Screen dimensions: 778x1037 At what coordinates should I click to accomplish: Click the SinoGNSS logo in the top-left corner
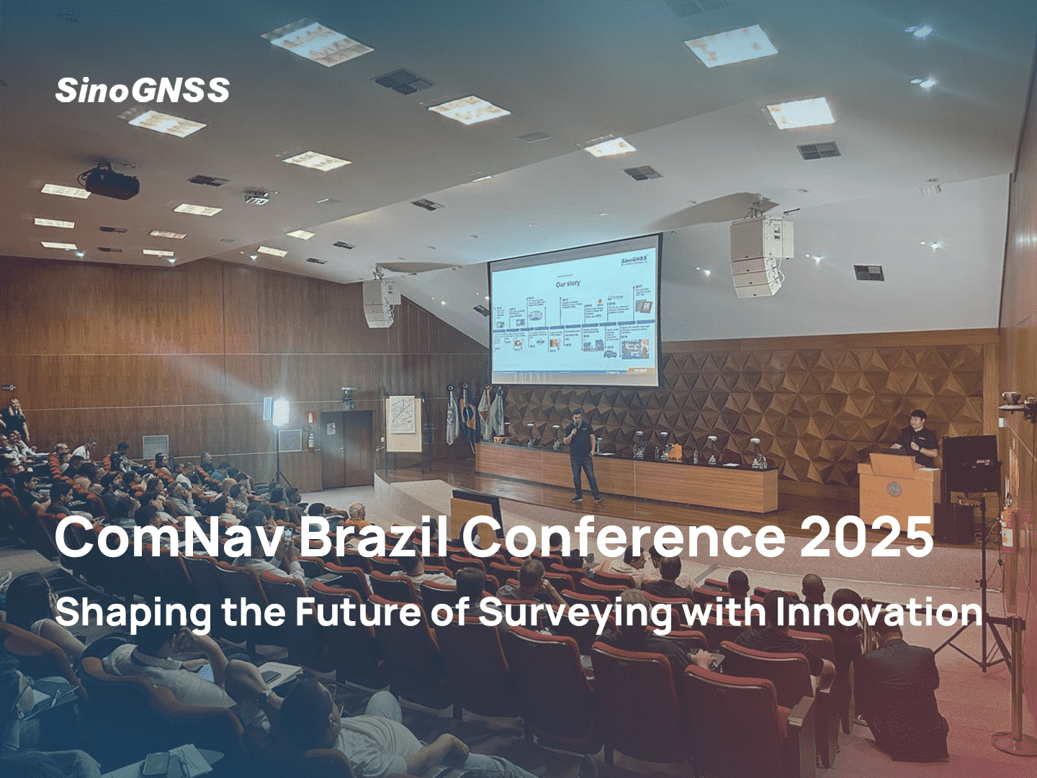[143, 91]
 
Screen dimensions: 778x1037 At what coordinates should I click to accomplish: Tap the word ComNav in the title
[169, 538]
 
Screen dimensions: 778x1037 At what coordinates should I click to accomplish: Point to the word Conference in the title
[624, 538]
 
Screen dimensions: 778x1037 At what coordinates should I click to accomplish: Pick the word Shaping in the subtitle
[133, 613]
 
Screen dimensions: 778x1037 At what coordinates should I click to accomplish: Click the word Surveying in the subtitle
[575, 613]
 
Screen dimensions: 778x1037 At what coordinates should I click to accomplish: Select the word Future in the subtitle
[358, 612]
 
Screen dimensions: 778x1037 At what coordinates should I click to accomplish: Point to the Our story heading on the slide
[567, 284]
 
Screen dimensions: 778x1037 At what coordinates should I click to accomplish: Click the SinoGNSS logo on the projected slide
[634, 259]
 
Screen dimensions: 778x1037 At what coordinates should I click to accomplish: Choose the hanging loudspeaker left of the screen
[380, 302]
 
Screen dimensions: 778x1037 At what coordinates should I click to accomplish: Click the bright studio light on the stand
[279, 412]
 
